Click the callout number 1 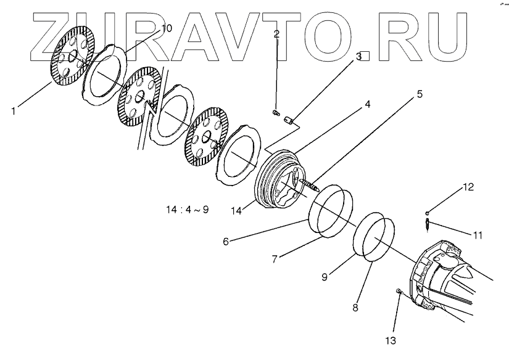coord(14,111)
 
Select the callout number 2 coord(276,35)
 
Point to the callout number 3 coord(358,57)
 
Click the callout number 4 coord(367,104)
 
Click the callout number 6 coord(226,242)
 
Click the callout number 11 coord(478,235)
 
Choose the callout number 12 coord(468,186)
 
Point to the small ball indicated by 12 coord(427,213)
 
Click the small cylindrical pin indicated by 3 coord(288,121)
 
